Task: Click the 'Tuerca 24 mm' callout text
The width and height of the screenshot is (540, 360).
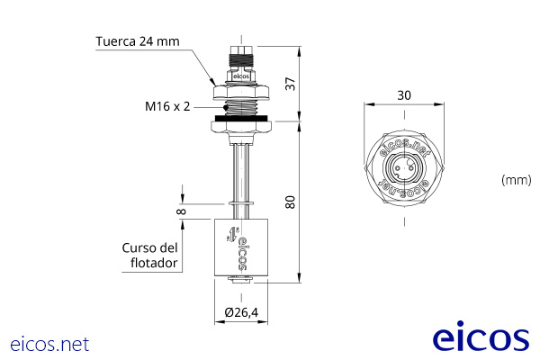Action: tap(137, 41)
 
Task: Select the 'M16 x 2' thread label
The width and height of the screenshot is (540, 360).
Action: tap(167, 106)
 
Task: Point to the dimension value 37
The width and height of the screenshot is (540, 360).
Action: tap(290, 83)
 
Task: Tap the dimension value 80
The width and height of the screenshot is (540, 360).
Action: tap(290, 202)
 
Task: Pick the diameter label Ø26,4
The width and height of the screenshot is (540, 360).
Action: tap(240, 312)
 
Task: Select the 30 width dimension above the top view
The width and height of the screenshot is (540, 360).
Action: tap(403, 94)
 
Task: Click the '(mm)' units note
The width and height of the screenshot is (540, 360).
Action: tap(516, 180)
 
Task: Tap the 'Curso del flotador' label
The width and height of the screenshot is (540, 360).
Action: tap(150, 256)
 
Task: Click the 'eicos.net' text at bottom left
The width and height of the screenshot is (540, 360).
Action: tap(50, 344)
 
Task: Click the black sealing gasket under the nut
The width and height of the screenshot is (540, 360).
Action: tap(240, 115)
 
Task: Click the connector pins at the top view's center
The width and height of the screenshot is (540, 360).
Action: tap(404, 167)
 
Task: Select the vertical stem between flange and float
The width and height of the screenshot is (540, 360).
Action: tap(240, 175)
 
